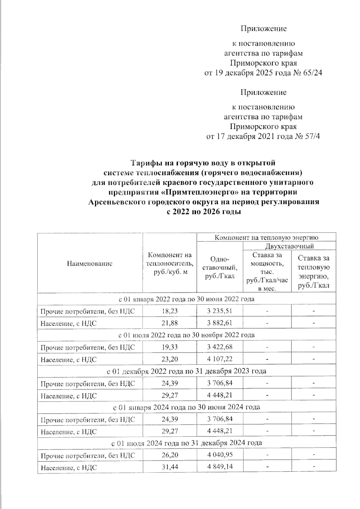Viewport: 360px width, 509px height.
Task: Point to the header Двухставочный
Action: point(289,246)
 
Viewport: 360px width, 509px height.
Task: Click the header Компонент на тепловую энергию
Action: point(266,238)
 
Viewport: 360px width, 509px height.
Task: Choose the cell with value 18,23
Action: point(169,311)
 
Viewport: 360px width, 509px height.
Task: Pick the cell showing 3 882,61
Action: point(220,323)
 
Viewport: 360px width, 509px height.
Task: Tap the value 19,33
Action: point(169,347)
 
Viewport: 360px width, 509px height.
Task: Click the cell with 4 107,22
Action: point(220,359)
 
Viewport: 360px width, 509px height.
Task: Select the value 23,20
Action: point(169,359)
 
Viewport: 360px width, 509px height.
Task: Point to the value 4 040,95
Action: point(220,455)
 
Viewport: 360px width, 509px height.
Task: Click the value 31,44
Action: point(169,467)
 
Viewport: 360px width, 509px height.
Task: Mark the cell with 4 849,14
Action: point(220,467)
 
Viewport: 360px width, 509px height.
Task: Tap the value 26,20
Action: point(169,455)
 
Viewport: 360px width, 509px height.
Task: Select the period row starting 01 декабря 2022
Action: point(187,371)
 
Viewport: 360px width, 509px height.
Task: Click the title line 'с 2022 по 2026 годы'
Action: point(203,212)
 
